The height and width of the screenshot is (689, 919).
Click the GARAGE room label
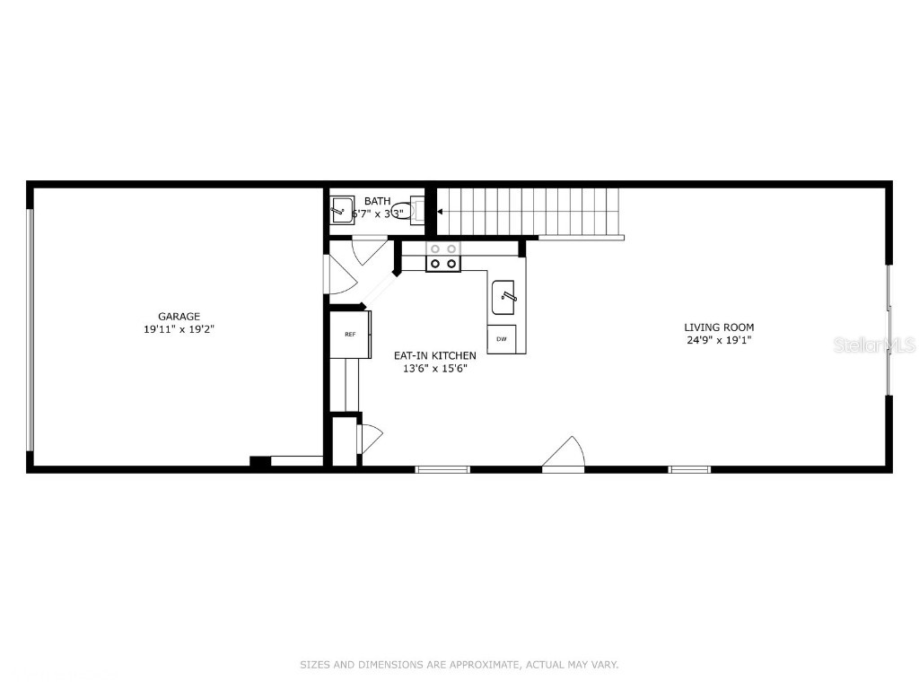[179, 316]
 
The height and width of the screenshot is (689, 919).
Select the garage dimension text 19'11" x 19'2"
[179, 329]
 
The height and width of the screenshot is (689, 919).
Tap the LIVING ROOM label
[719, 327]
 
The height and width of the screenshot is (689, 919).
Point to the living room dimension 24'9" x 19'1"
[719, 341]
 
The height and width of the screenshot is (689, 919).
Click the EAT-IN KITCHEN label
[435, 355]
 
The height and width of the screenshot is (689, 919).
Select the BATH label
[377, 201]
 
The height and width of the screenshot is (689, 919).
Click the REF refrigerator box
[350, 334]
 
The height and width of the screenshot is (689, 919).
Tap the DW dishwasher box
[501, 339]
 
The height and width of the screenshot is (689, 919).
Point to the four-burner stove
[442, 257]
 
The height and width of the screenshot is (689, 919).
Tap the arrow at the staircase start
[441, 213]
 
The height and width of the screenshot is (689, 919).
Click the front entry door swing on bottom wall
[565, 453]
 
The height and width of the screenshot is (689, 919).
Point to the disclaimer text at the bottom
[459, 665]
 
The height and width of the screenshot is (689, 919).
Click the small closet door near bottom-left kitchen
[369, 439]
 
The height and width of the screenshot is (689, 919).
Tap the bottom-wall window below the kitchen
[442, 468]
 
